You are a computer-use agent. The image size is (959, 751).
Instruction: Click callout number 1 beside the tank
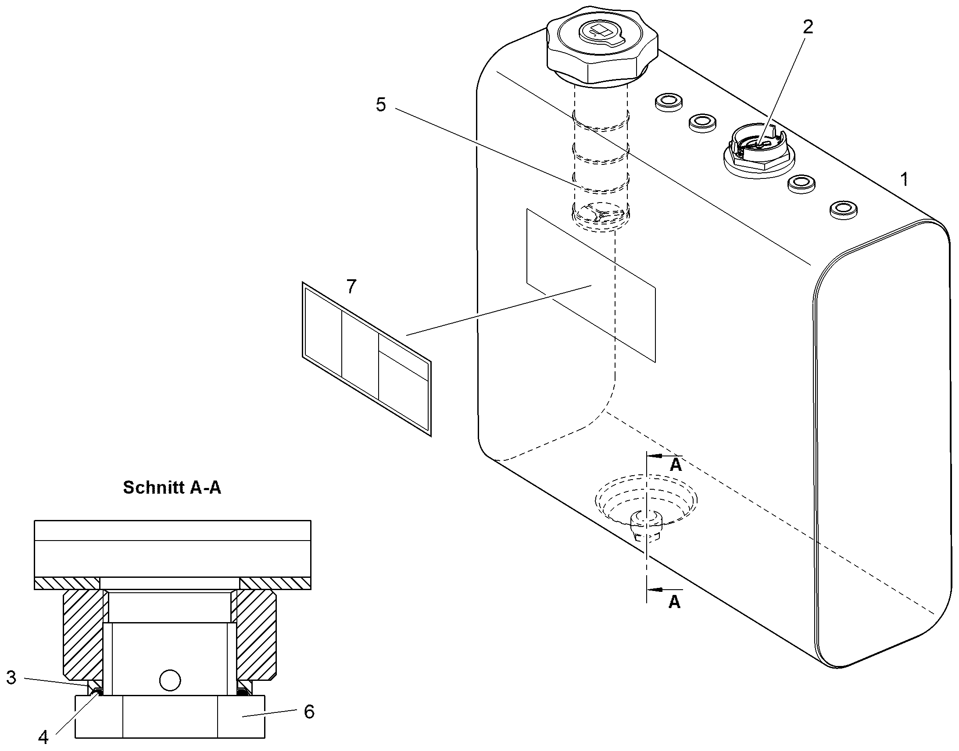click(904, 179)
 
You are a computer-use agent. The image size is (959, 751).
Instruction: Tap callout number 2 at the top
click(808, 27)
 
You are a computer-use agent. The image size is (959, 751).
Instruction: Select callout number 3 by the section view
click(11, 678)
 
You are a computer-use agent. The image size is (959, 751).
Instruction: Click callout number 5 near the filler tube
click(381, 105)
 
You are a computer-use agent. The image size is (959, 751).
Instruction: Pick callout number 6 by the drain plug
click(309, 712)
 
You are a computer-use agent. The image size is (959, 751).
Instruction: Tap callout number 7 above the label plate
click(351, 287)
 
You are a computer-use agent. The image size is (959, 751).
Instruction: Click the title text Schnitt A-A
click(172, 487)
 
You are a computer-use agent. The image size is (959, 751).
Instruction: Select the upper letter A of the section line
click(676, 465)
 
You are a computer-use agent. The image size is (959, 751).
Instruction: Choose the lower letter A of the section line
click(674, 602)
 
